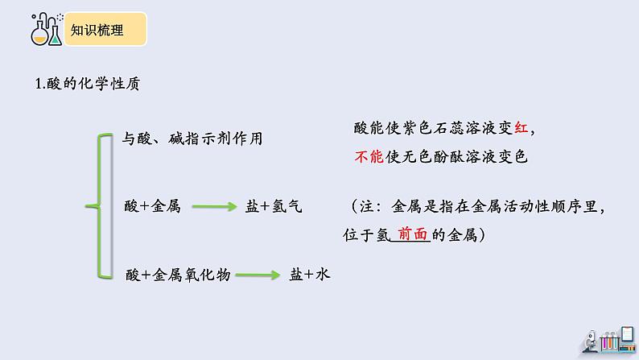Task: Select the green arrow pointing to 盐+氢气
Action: tap(213, 207)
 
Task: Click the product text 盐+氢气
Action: tap(274, 206)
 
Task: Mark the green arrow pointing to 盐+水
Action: tap(258, 275)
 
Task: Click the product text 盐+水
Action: tap(311, 275)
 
